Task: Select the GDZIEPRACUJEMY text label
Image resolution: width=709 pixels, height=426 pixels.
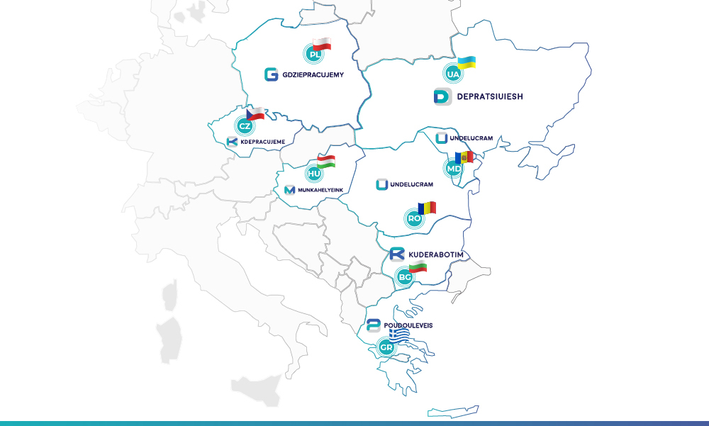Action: [313, 74]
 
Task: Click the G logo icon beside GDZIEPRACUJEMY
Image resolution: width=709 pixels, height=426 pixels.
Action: [271, 74]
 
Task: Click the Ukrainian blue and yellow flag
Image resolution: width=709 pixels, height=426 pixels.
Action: [466, 62]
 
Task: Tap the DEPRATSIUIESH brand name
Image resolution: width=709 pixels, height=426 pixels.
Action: [490, 97]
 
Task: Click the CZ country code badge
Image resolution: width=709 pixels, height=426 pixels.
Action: [245, 126]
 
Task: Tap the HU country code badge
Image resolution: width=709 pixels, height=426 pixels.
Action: [314, 172]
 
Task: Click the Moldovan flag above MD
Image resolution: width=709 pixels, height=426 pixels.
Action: [464, 157]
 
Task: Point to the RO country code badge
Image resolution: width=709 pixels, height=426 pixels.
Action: [415, 218]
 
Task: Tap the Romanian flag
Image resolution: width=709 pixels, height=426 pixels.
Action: [426, 208]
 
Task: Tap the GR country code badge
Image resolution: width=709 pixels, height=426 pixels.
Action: [386, 347]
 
